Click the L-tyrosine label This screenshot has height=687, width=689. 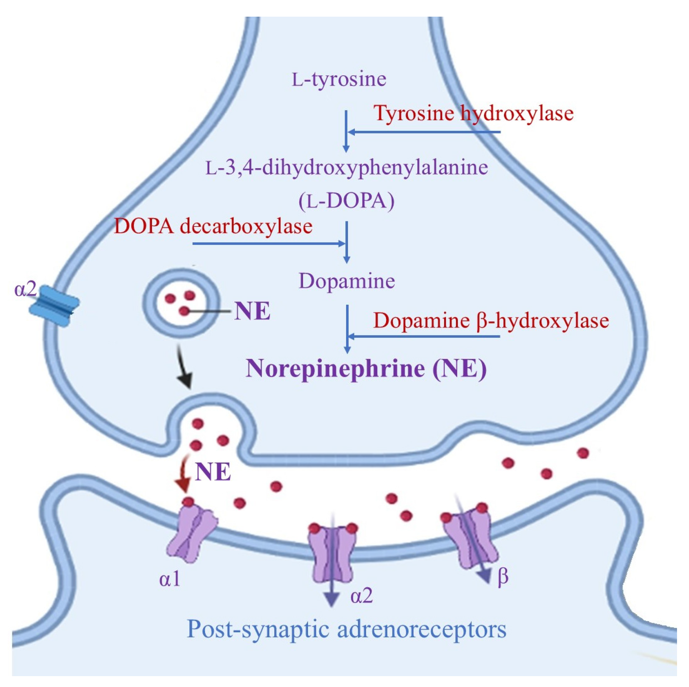339,79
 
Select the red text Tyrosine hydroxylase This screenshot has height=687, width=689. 473,113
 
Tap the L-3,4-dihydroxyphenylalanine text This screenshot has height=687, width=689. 346,168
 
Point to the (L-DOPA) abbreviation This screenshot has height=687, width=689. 346,201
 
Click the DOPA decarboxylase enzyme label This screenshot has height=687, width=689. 213,226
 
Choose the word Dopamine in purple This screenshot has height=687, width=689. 346,281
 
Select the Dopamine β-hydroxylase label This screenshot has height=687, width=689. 491,321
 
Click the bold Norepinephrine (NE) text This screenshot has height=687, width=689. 366,369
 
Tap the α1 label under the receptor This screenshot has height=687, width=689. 170,579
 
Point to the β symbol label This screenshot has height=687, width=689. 503,576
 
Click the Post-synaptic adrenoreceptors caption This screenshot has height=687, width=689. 346,629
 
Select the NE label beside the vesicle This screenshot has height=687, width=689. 253,311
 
